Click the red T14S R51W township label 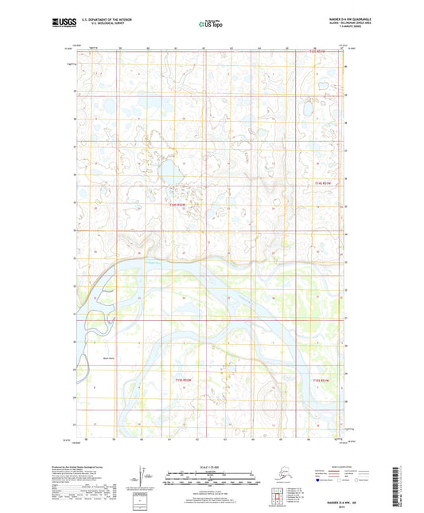[321, 183]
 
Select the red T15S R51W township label [321, 381]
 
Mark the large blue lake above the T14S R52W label [169, 173]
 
